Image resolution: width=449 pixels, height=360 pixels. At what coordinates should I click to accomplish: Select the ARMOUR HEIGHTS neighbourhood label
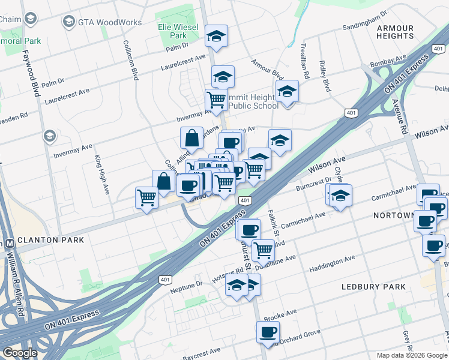(395, 32)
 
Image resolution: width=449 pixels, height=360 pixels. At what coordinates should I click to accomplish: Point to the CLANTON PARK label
(50, 239)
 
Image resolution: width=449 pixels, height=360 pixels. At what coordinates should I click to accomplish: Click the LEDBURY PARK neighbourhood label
(373, 287)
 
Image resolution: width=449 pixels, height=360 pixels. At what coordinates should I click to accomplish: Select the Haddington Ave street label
(332, 264)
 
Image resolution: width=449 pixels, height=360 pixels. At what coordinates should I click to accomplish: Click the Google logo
(19, 353)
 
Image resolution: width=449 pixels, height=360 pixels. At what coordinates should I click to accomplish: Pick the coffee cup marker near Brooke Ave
(268, 331)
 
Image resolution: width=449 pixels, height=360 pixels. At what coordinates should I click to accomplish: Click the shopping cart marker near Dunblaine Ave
(263, 249)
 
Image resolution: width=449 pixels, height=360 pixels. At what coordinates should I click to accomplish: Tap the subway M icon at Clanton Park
(9, 244)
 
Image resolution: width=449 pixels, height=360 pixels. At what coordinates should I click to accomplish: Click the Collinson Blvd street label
(131, 60)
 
